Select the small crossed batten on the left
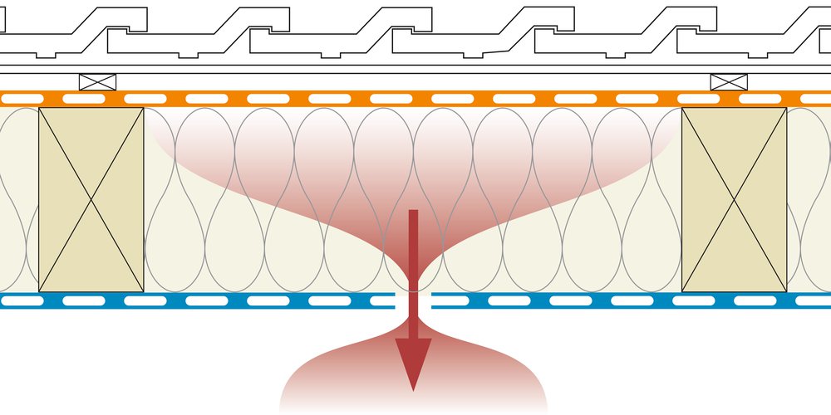[97, 82]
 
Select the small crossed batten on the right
[729, 82]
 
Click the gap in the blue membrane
[413, 300]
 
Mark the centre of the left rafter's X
[91, 199]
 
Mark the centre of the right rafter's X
[734, 199]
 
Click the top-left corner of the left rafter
[39, 108]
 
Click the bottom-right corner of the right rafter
[786, 291]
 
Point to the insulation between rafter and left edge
[18, 199]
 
